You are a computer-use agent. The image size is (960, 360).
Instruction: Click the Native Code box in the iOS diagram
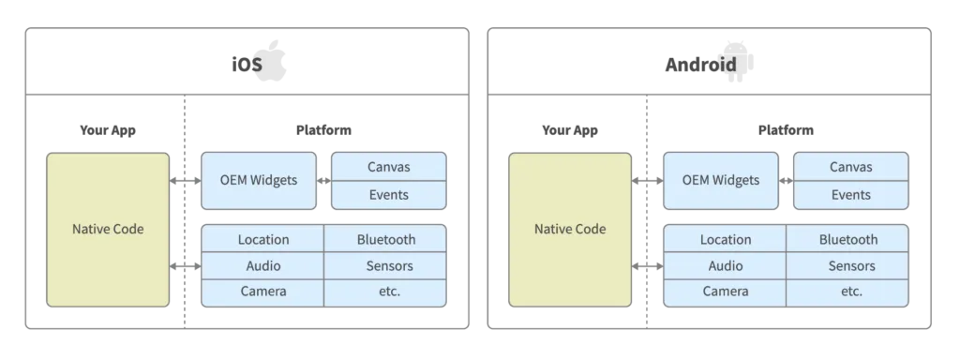[108, 229]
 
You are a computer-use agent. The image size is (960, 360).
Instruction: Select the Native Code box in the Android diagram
[570, 229]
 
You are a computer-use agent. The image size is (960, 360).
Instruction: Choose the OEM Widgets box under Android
[721, 179]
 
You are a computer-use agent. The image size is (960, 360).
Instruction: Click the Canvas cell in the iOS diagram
[389, 167]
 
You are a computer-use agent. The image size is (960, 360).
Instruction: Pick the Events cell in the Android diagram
[850, 194]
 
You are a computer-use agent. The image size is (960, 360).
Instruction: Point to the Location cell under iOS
[263, 239]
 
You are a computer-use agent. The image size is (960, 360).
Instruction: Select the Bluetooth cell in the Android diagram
[847, 239]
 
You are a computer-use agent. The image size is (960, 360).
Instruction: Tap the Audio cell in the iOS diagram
[263, 265]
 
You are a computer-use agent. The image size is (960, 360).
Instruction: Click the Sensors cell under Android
[847, 265]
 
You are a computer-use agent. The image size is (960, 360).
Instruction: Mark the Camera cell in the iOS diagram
[263, 291]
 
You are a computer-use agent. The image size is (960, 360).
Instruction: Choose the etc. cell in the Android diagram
[847, 291]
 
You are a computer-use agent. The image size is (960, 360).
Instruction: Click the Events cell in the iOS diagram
[389, 194]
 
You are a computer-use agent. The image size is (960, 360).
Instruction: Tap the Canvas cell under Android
[850, 167]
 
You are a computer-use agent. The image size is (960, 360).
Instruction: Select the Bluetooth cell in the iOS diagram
[385, 239]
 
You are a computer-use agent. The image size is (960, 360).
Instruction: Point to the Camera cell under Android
[725, 291]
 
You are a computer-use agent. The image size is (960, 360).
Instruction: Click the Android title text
[710, 64]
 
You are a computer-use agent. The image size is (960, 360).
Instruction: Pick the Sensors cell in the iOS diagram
[385, 265]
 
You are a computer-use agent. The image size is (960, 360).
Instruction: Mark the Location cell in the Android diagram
[725, 239]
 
